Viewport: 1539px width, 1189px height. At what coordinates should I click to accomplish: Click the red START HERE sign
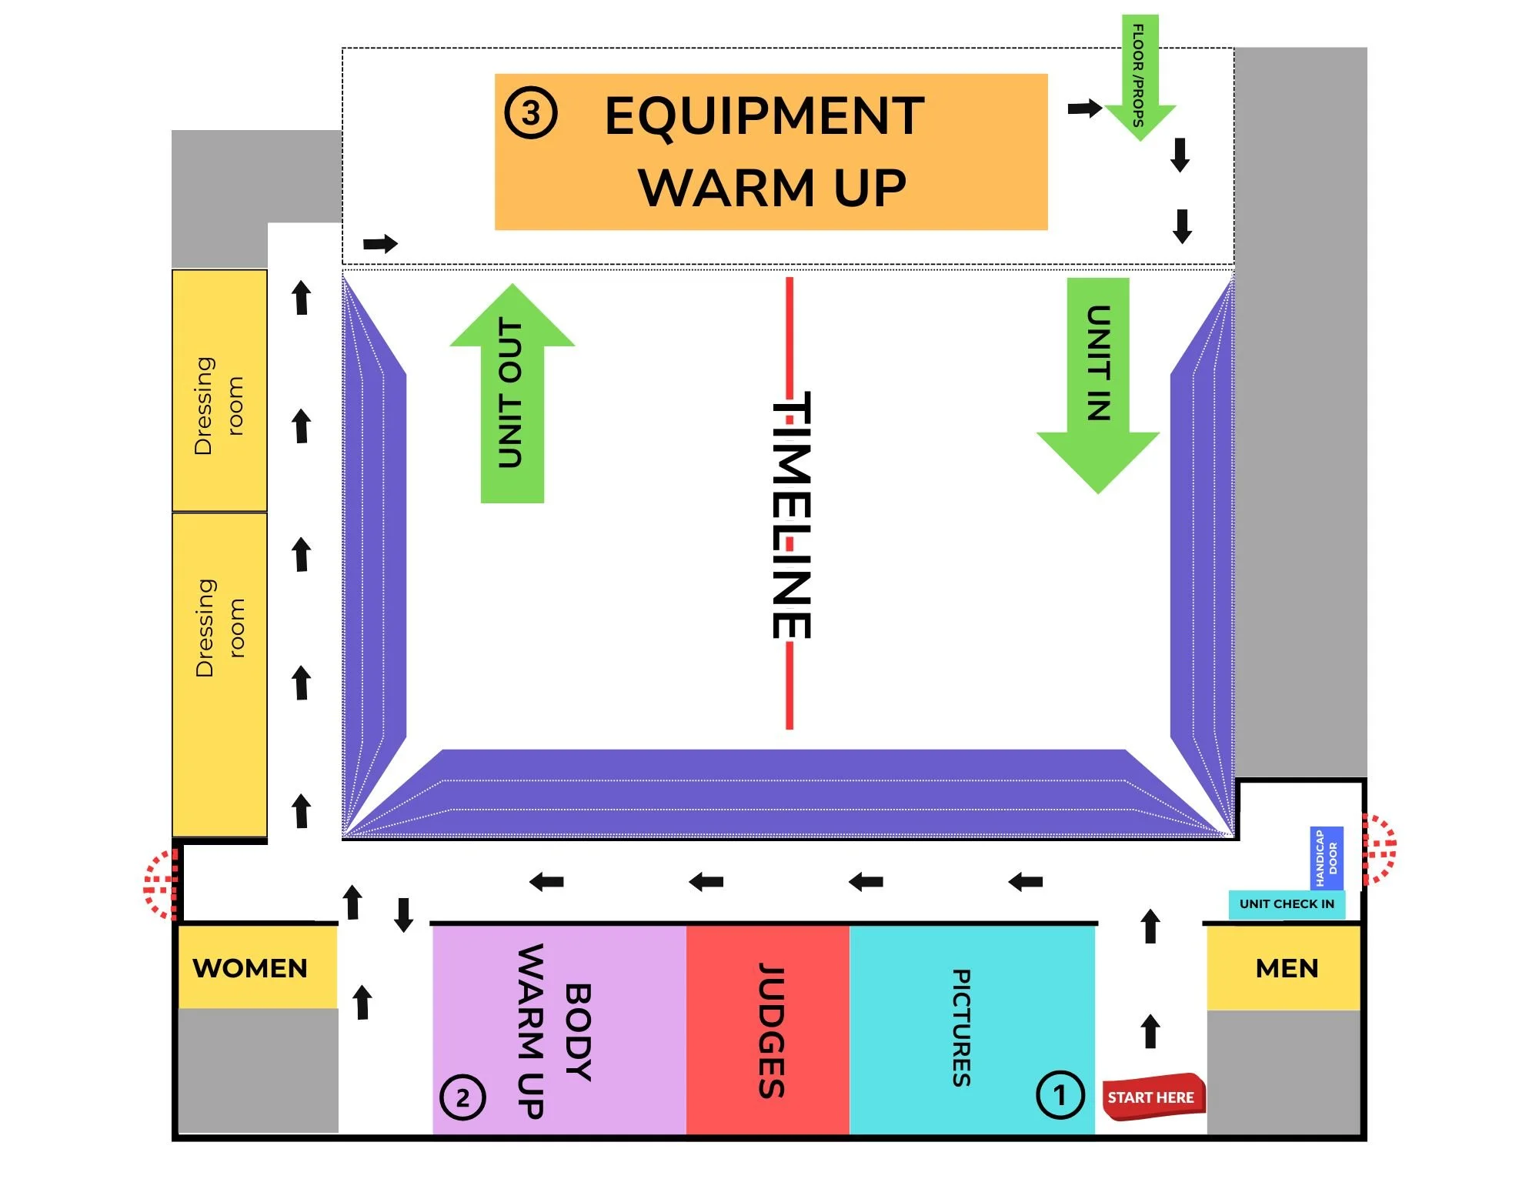point(1152,1097)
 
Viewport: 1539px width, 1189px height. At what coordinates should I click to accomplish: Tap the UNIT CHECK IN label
point(1287,903)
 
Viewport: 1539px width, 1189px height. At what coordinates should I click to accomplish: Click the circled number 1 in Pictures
point(1060,1094)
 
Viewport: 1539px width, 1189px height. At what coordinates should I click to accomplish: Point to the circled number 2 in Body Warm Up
point(462,1097)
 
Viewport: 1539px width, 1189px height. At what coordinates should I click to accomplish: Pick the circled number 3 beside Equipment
point(530,113)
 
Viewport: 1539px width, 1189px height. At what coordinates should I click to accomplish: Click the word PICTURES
point(962,1027)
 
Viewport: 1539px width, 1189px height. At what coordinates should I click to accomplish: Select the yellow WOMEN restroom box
point(251,967)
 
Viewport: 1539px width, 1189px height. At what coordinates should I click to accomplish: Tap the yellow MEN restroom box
point(1286,967)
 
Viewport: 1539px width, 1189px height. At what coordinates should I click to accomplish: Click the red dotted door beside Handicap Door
point(1378,849)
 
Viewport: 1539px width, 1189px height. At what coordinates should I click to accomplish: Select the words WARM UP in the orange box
point(772,188)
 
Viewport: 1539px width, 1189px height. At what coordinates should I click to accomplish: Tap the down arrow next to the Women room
point(403,914)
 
